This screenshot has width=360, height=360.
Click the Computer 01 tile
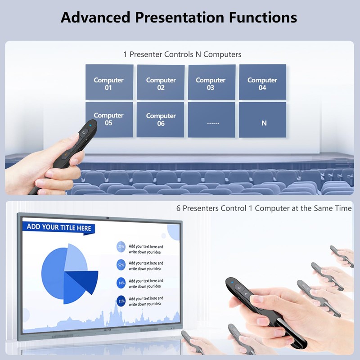click(109, 82)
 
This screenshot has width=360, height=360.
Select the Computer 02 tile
click(161, 82)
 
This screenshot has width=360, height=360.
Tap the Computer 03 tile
click(211, 82)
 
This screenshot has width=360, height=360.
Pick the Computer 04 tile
click(262, 82)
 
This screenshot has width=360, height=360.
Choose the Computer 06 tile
click(161, 120)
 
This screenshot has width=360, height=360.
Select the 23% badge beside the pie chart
click(121, 247)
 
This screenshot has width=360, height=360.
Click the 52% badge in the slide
click(121, 265)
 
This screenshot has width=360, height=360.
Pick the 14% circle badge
click(121, 283)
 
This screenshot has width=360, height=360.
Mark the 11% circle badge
click(121, 301)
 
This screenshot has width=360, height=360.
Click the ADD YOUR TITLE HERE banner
click(59, 227)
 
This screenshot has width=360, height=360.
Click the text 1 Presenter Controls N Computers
click(182, 54)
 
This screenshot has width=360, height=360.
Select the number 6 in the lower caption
click(178, 209)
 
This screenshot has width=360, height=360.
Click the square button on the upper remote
click(84, 133)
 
